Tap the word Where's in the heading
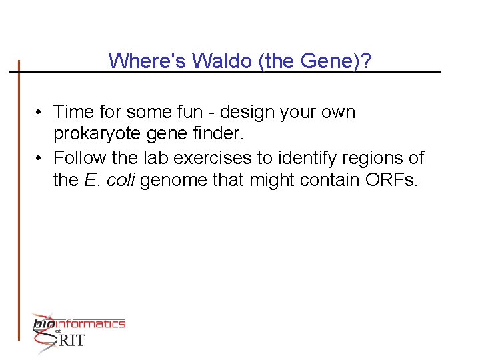[148, 61]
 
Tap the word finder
[217, 135]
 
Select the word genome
[167, 181]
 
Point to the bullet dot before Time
[41, 112]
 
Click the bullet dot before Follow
[41, 159]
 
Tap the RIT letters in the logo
[70, 340]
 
